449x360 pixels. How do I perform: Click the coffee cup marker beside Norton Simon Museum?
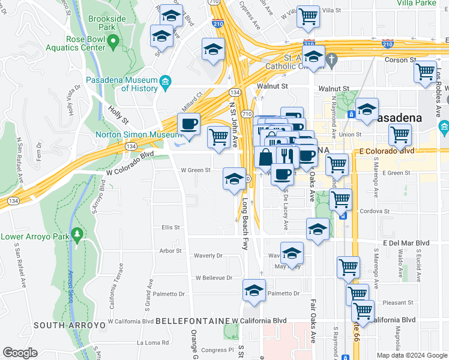click(x=189, y=125)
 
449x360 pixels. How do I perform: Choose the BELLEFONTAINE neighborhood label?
click(x=193, y=322)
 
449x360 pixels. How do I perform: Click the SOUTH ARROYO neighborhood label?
click(x=70, y=325)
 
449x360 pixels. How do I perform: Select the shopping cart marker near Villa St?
click(x=309, y=17)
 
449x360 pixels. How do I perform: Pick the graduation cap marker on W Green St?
click(x=234, y=178)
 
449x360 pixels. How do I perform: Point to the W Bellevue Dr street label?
click(x=214, y=278)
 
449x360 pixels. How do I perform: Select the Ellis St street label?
click(x=170, y=227)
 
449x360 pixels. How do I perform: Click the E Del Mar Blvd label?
click(x=406, y=243)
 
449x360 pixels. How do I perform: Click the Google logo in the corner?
click(x=20, y=353)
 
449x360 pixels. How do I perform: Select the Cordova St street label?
click(x=374, y=211)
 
